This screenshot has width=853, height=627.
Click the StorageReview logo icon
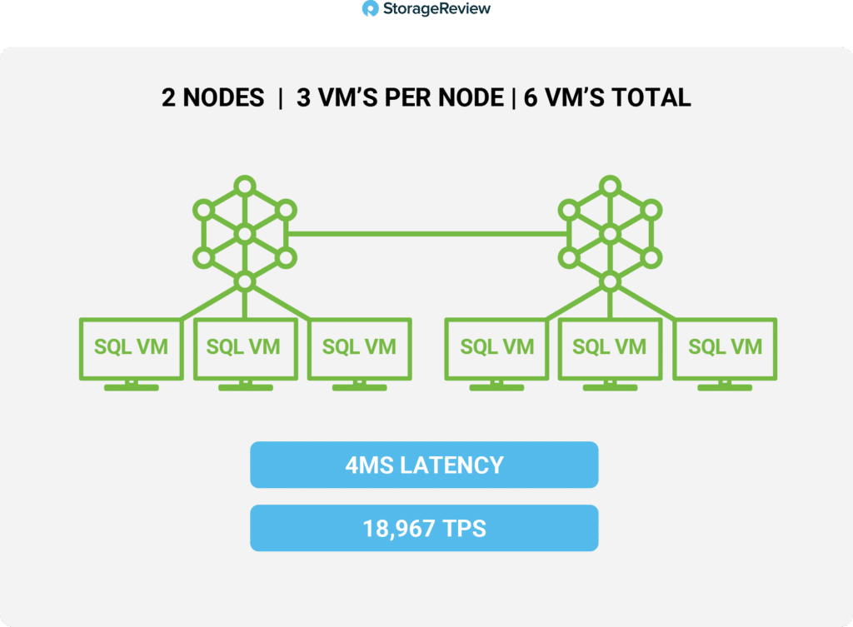tap(370, 8)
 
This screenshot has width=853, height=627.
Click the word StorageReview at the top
tap(436, 8)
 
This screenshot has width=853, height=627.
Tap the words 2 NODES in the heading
tap(212, 98)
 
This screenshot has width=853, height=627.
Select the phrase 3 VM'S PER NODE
tap(400, 98)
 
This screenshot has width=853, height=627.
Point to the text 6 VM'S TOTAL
tap(607, 98)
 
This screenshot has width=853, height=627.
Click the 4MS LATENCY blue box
tap(424, 465)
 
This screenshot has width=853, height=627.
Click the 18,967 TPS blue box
tap(424, 528)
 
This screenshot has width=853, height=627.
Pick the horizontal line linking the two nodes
tap(427, 234)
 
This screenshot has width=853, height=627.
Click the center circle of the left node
tap(245, 234)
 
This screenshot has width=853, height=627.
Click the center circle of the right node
tap(611, 234)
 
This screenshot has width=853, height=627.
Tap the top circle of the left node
tap(245, 186)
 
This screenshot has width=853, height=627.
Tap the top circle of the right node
tap(611, 186)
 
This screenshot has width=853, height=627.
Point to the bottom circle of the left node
tap(245, 281)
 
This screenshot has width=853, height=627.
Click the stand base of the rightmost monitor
tap(726, 388)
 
